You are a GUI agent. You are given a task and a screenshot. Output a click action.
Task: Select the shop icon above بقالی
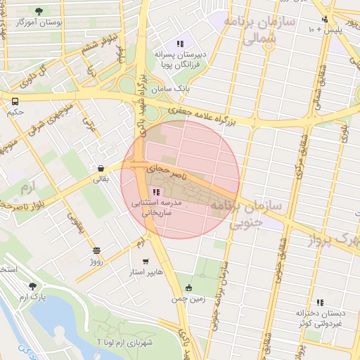pyautogui.click(x=102, y=168)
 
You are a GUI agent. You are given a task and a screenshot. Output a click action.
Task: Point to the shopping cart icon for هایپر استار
pyautogui.click(x=146, y=261)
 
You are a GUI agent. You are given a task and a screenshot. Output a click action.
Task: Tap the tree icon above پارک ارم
pyautogui.click(x=32, y=286)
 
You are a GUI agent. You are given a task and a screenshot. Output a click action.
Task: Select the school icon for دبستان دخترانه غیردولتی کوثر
pyautogui.click(x=320, y=302)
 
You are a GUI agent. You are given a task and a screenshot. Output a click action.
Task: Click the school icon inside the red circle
pyautogui.click(x=155, y=192)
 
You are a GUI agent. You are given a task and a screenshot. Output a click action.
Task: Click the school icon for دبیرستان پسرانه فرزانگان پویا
pyautogui.click(x=181, y=44)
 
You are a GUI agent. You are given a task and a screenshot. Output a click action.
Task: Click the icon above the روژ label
pyautogui.click(x=96, y=250)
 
